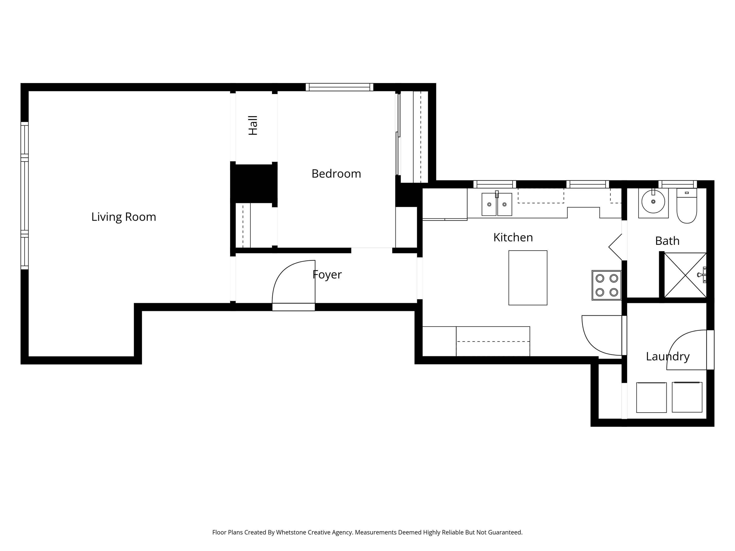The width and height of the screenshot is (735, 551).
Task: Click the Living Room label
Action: pyautogui.click(x=124, y=217)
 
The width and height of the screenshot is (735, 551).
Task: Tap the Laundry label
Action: pyautogui.click(x=668, y=356)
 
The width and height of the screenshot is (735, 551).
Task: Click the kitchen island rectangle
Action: pyautogui.click(x=528, y=278)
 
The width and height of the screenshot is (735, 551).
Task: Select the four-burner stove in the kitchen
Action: pyautogui.click(x=606, y=285)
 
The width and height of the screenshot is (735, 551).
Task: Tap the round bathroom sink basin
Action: pyautogui.click(x=653, y=202)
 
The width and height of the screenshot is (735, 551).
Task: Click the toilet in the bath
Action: pyautogui.click(x=686, y=207)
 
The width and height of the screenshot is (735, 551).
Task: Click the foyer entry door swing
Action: pyautogui.click(x=292, y=282)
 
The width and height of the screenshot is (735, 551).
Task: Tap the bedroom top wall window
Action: pyautogui.click(x=339, y=87)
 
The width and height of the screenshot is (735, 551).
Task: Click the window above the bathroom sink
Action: pyautogui.click(x=677, y=184)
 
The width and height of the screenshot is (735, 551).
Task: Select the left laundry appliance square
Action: pyautogui.click(x=651, y=397)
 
